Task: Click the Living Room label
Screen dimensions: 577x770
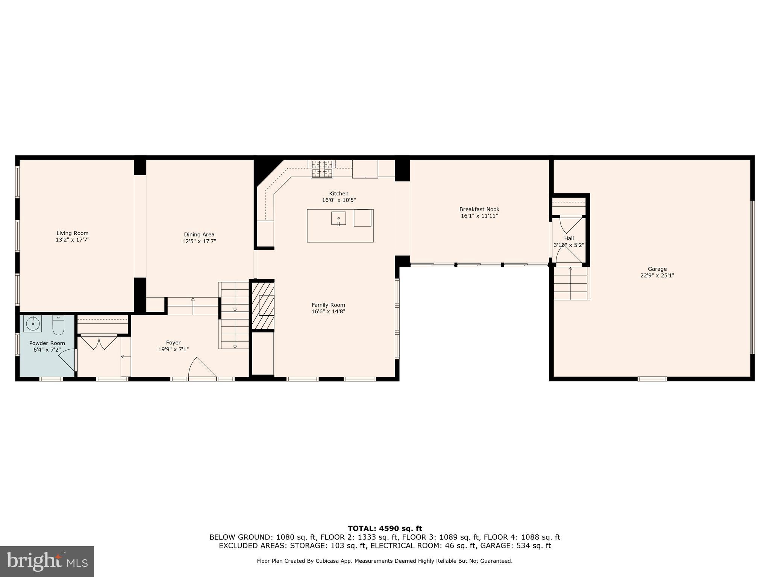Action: pos(73,233)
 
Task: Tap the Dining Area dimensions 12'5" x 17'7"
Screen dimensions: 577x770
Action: pos(199,241)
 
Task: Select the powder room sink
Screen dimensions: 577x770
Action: pos(33,323)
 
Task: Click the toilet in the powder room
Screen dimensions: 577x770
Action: pos(58,325)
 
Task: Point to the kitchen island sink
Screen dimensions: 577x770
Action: pos(338,218)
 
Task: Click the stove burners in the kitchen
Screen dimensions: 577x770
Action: pos(322,169)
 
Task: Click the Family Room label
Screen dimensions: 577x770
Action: pos(328,305)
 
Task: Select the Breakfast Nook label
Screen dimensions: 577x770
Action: pos(479,209)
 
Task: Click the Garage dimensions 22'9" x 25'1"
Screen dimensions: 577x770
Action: pos(657,275)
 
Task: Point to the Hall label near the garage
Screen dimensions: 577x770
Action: pos(569,238)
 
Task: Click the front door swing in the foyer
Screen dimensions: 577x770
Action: pos(202,368)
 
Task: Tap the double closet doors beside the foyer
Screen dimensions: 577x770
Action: pos(99,343)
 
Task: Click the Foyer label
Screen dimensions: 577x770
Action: pos(173,343)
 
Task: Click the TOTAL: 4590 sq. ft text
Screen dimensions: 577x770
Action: pos(385,529)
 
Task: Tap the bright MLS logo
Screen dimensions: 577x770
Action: pos(47,561)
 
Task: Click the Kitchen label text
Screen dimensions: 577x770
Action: pos(339,193)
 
